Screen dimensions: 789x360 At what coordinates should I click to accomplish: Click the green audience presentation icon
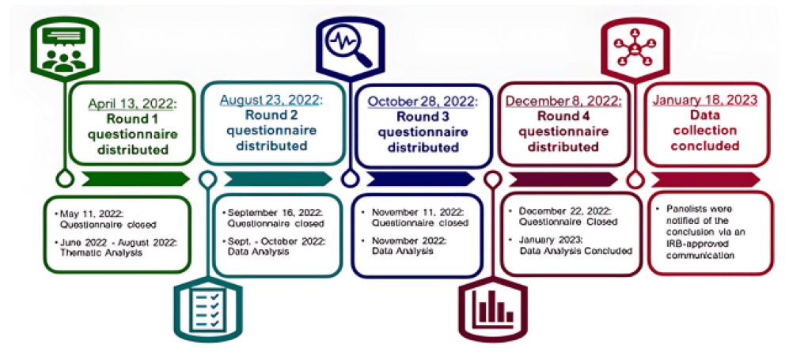(64, 51)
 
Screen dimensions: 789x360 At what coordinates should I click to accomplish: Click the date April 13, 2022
(132, 104)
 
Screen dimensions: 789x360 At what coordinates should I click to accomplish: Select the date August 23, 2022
(271, 100)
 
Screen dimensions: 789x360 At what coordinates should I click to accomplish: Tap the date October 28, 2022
(422, 101)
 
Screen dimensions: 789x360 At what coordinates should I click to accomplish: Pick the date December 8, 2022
(563, 101)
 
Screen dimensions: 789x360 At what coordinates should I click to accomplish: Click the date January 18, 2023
(705, 100)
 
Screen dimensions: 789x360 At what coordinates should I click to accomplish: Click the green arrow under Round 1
(135, 179)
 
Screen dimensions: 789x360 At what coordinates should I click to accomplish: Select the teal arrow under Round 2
(278, 179)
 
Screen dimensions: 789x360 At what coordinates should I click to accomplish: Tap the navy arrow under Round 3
(420, 179)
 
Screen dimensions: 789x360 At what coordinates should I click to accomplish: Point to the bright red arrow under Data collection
(706, 180)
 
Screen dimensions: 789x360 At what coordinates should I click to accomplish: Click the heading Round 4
(563, 116)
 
